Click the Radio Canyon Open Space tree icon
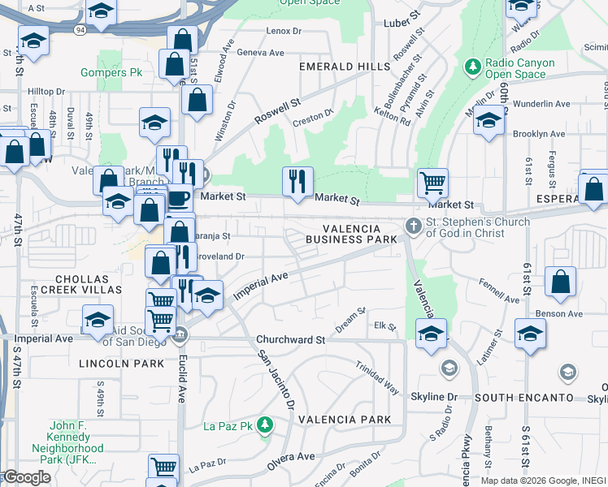click(471, 65)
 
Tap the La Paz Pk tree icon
click(263, 424)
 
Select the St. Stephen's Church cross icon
click(414, 226)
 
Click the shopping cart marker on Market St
click(433, 183)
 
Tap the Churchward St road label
click(290, 339)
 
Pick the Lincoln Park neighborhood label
click(111, 364)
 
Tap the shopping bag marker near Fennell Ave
click(560, 282)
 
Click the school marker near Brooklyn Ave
click(489, 122)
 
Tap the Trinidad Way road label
click(376, 377)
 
